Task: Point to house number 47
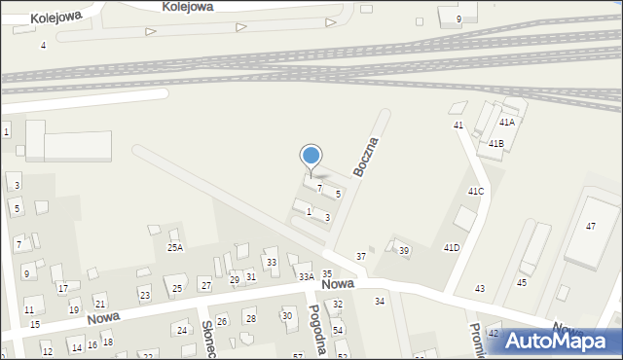pyautogui.click(x=591, y=226)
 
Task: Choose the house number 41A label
pyautogui.click(x=507, y=123)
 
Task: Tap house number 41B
pyautogui.click(x=496, y=144)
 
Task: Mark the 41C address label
pyautogui.click(x=476, y=192)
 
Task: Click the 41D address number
pyautogui.click(x=452, y=248)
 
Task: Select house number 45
pyautogui.click(x=522, y=282)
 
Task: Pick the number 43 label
pyautogui.click(x=480, y=289)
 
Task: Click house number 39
pyautogui.click(x=404, y=251)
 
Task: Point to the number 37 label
pyautogui.click(x=361, y=256)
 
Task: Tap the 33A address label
pyautogui.click(x=306, y=277)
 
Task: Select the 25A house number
pyautogui.click(x=174, y=248)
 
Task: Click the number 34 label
pyautogui.click(x=380, y=302)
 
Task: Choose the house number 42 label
pyautogui.click(x=494, y=334)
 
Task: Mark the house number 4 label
pyautogui.click(x=43, y=46)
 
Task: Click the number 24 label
pyautogui.click(x=181, y=330)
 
